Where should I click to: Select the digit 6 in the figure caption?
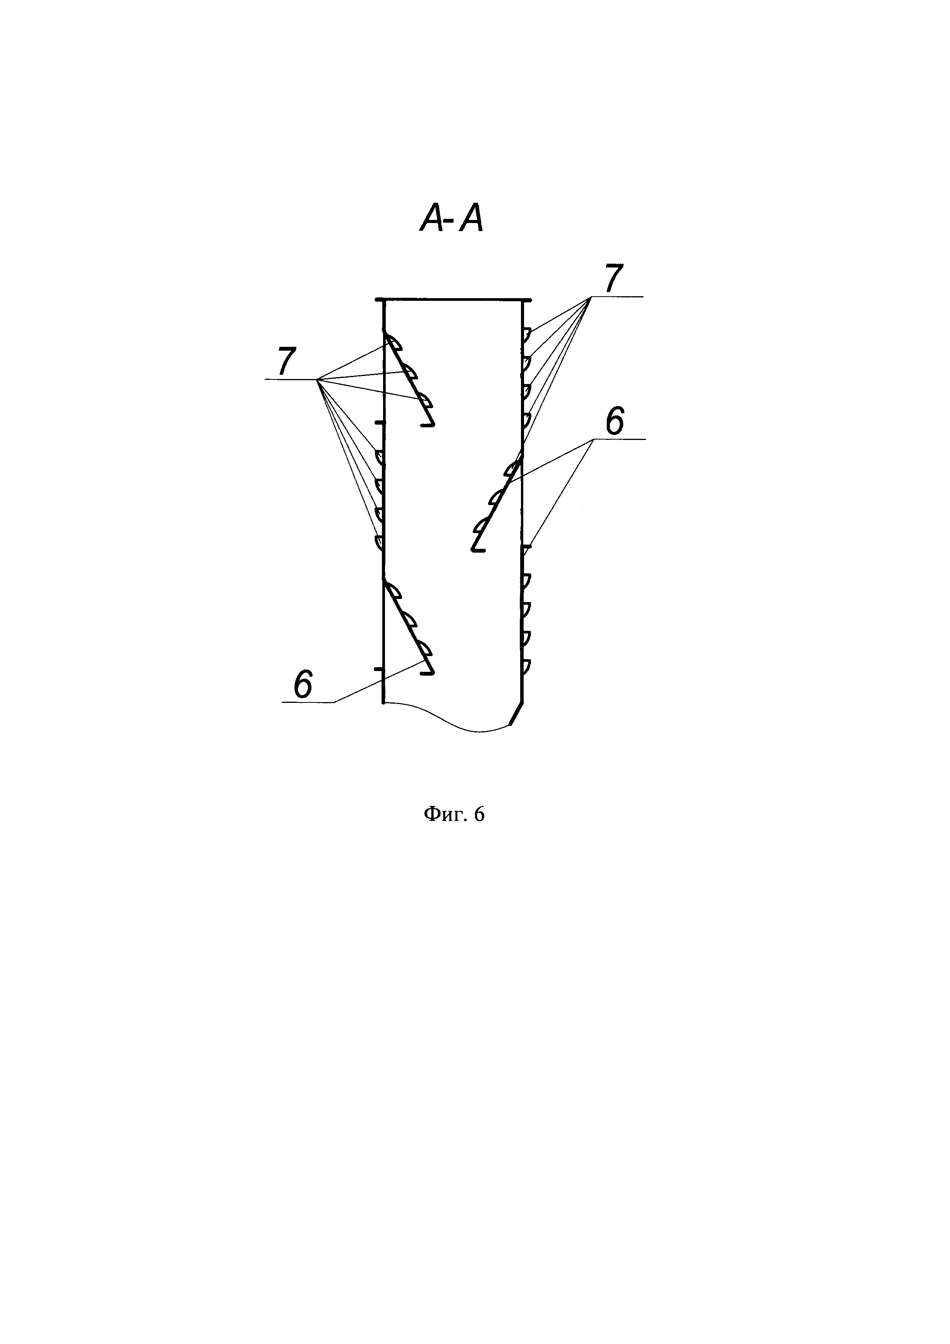coord(480,814)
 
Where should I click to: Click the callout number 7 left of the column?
coord(287,361)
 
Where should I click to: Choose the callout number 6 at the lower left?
coord(303,683)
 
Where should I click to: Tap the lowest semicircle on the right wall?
coord(526,666)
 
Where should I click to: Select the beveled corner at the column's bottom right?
coord(516,714)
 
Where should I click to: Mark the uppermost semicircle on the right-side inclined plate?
coord(513,468)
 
